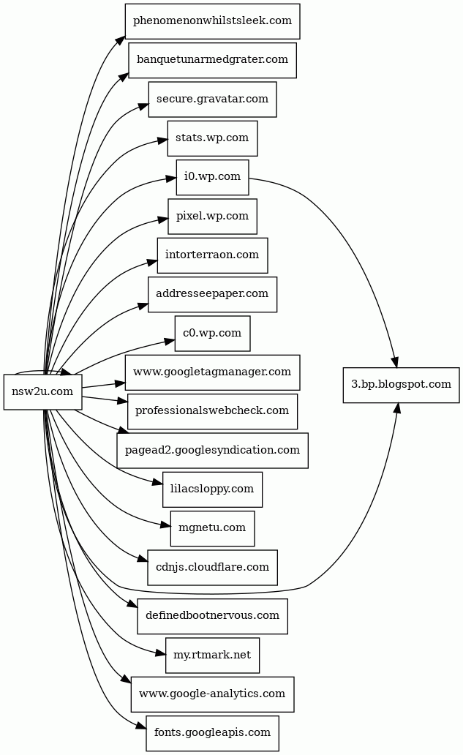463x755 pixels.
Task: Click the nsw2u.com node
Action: [x=42, y=392]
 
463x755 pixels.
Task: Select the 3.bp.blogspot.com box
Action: [x=401, y=385]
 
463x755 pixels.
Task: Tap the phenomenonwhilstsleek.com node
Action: [x=212, y=20]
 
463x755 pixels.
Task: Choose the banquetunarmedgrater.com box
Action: [x=212, y=59]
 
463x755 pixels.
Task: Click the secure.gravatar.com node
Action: [x=212, y=99]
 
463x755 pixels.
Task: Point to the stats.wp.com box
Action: [x=212, y=138]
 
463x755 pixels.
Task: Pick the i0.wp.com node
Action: [x=212, y=177]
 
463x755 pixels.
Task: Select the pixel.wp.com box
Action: [x=212, y=216]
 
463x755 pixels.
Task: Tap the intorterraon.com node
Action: [x=212, y=255]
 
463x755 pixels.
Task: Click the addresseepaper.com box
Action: [x=212, y=294]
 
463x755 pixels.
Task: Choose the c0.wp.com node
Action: [x=212, y=334]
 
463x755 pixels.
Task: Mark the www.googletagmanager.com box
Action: [x=212, y=372]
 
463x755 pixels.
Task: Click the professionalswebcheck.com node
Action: [x=212, y=411]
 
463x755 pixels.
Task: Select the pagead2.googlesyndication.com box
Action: [x=212, y=451]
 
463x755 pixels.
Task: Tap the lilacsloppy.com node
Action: [x=212, y=489]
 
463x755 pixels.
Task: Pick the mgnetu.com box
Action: [x=212, y=528]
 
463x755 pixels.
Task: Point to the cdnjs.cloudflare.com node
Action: [x=212, y=568]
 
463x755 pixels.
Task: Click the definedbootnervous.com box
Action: [x=212, y=616]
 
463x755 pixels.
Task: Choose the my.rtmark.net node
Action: [x=212, y=655]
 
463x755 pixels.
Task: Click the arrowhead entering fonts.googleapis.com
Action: [x=141, y=726]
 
